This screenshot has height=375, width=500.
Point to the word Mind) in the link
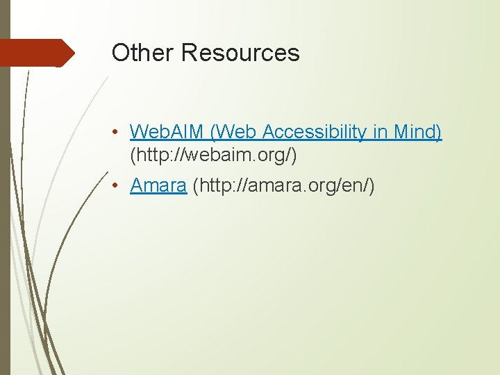[x=418, y=131]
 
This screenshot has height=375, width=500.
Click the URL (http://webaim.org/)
[x=213, y=156]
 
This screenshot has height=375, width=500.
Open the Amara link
[x=158, y=186]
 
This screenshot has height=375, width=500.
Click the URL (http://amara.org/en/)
[x=283, y=186]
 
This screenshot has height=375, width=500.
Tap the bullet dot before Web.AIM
[x=119, y=132]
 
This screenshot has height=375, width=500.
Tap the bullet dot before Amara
[x=119, y=187]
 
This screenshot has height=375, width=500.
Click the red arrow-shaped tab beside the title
[x=35, y=53]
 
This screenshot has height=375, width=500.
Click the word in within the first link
[x=383, y=131]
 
